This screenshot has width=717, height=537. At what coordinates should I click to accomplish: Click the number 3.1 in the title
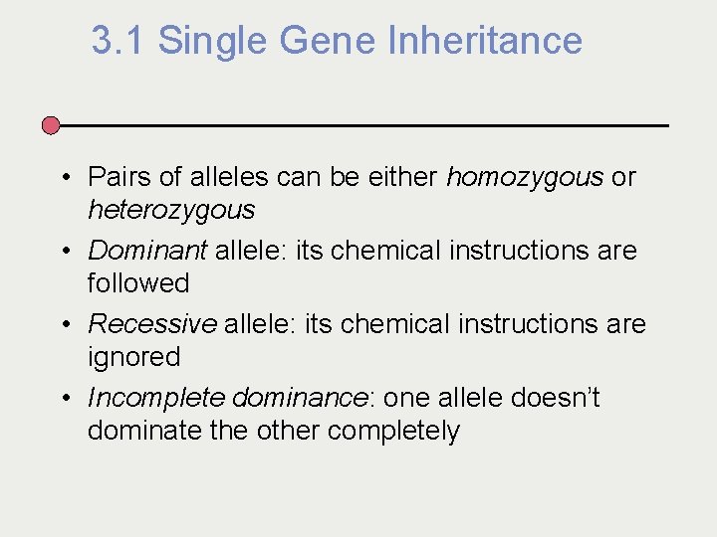[x=119, y=41]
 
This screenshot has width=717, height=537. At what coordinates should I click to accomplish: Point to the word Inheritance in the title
[x=485, y=41]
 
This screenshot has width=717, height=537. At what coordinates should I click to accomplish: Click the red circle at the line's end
[x=51, y=125]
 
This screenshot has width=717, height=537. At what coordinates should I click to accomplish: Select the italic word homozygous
[x=525, y=177]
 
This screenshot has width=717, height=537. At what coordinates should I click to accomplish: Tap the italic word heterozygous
[x=170, y=210]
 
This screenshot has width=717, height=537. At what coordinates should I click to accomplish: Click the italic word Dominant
[x=147, y=251]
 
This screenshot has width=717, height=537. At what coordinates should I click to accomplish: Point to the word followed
[x=137, y=283]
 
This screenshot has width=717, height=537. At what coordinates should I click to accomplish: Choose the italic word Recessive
[x=152, y=324]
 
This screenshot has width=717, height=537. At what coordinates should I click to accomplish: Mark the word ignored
[x=133, y=357]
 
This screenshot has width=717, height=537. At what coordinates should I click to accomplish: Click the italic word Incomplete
[x=156, y=398]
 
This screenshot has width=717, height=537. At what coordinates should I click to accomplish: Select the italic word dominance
[x=300, y=398]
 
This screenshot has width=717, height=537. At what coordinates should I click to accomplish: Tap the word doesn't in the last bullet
[x=555, y=398]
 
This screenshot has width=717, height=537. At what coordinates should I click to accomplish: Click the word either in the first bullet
[x=405, y=177]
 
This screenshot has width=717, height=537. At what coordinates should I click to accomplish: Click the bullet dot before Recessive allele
[x=64, y=325]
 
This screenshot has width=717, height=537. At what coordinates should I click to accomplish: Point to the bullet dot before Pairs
[x=64, y=178]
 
